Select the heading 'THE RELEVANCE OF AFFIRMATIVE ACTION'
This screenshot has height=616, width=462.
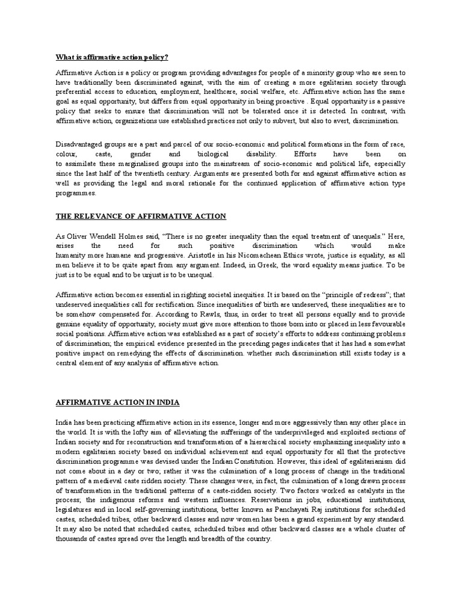(x=141, y=215)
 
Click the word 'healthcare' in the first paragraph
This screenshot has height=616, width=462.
(x=238, y=92)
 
